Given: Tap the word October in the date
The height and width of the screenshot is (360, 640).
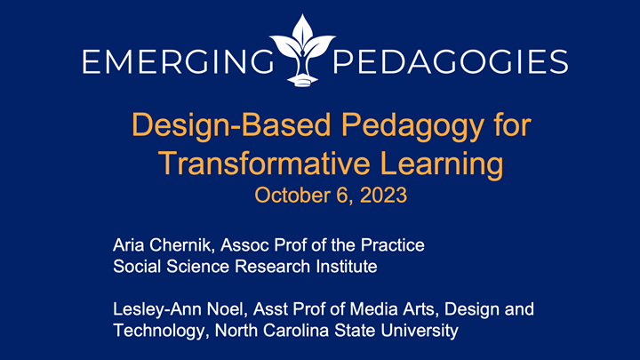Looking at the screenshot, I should point(285,195).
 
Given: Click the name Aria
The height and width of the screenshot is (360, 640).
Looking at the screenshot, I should point(128,244).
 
